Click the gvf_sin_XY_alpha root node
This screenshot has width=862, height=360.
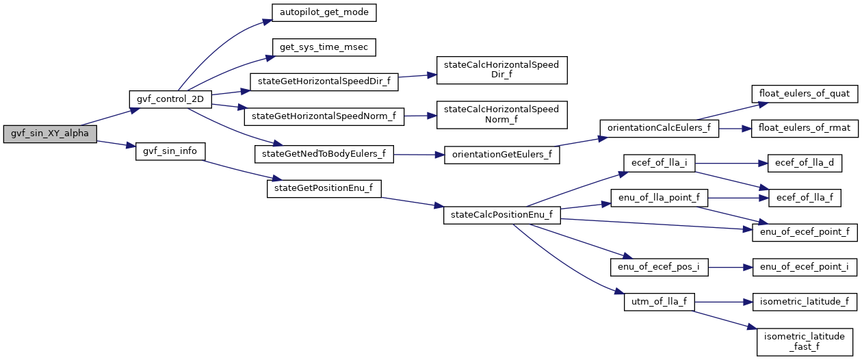[50, 134]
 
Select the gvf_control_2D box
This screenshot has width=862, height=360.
[170, 99]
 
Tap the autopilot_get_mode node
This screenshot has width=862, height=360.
[324, 13]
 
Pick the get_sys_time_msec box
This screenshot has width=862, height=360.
[324, 47]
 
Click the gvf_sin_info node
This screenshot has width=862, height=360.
[170, 151]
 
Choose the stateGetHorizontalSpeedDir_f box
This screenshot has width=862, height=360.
[324, 82]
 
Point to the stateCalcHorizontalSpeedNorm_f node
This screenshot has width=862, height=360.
[502, 115]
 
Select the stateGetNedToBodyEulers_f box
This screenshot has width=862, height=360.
[324, 154]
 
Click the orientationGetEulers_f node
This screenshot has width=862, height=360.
[502, 155]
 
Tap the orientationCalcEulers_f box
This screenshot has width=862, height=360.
[659, 128]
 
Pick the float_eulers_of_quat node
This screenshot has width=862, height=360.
[805, 94]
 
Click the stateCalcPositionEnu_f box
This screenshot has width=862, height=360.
[502, 215]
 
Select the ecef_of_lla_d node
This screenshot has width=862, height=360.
[805, 164]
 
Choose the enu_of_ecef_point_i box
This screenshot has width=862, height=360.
[805, 267]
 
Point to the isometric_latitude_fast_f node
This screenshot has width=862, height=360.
[805, 342]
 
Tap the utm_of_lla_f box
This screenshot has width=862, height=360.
[659, 302]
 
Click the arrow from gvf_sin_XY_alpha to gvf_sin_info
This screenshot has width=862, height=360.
[116, 144]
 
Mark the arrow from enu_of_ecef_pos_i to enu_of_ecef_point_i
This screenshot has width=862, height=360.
[731, 267]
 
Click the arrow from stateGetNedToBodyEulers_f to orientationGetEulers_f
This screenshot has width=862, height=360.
[419, 155]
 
